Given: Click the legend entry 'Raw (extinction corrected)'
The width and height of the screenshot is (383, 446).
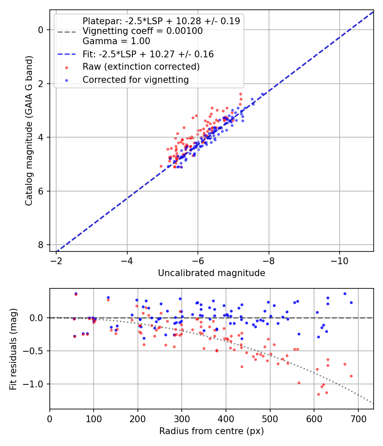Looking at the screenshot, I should point(141,67).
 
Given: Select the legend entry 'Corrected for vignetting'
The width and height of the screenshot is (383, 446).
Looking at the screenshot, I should point(135,79).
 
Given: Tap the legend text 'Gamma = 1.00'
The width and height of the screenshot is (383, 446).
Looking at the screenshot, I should point(116,42).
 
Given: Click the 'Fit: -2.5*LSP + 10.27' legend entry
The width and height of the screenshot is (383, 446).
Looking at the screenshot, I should point(148,54).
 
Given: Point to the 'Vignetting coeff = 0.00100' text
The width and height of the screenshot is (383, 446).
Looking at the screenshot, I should point(143,31).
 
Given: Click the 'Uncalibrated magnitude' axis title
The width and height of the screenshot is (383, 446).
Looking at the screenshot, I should point(212,273).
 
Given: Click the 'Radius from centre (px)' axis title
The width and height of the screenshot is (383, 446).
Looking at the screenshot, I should point(212,431).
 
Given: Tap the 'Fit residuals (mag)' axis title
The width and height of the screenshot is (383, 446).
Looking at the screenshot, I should point(13,348).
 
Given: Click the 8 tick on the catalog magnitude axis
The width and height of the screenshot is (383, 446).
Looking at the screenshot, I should point(40,245).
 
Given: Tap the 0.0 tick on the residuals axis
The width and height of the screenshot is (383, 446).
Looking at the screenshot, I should point(38,318).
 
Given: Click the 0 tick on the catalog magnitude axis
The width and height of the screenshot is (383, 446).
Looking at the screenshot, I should point(40,30).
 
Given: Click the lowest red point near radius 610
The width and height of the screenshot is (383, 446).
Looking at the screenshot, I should point(318,394).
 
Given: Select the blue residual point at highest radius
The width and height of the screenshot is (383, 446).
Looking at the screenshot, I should point(351,303).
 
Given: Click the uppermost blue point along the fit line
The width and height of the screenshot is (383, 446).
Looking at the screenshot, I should point(263,94).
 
